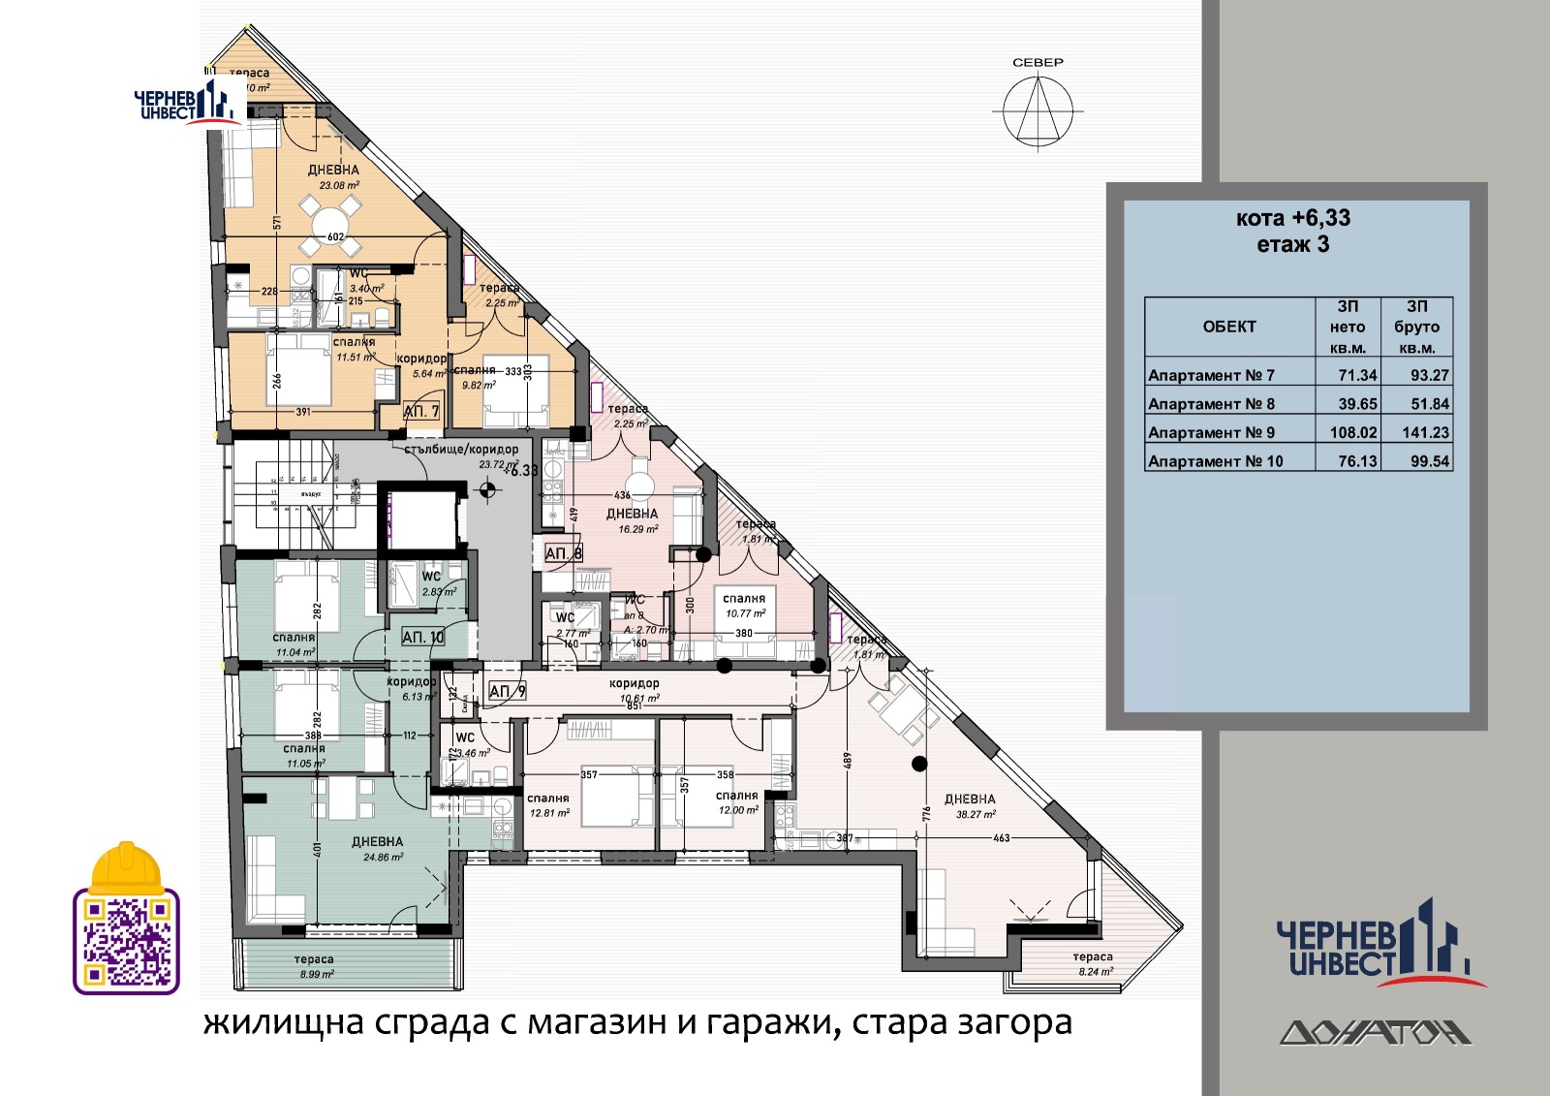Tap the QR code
[126, 941]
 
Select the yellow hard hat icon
[126, 868]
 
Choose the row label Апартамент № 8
[1211, 404]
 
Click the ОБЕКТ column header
[1228, 327]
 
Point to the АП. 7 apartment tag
[421, 412]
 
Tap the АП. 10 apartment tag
[423, 638]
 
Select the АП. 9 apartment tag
[507, 691]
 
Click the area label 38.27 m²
[976, 815]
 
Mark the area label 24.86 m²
[383, 857]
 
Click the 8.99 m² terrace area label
[314, 974]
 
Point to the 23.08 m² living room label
[334, 185]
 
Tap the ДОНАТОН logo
[1375, 1032]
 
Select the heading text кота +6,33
[1292, 218]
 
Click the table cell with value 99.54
[1429, 461]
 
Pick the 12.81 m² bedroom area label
[548, 813]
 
